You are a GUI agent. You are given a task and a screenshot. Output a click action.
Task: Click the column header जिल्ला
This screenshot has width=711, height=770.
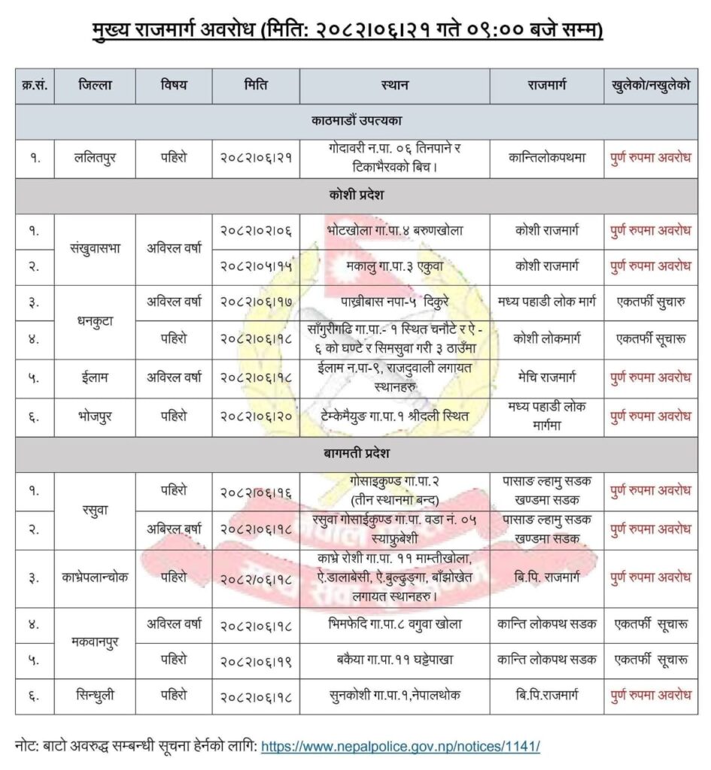coord(95,86)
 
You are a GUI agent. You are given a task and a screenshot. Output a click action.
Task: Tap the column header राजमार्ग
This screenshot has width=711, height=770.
coord(545,86)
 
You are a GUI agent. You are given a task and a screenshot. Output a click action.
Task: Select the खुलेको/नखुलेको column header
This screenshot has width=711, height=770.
coord(650,86)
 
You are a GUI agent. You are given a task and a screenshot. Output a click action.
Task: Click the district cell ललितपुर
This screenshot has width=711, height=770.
coord(95,158)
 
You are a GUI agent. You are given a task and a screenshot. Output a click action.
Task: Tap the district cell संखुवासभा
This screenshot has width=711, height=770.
coord(95,249)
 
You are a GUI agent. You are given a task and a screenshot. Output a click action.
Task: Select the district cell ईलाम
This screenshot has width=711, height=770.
coord(95,378)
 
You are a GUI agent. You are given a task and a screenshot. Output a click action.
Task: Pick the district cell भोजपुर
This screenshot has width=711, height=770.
coord(95,416)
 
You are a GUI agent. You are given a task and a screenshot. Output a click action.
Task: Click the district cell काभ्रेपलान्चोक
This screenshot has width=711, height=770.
coord(95,577)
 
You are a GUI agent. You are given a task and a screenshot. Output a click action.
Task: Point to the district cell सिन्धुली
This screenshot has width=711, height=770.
coord(95,696)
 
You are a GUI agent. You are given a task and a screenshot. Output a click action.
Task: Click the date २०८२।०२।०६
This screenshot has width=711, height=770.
coord(256,231)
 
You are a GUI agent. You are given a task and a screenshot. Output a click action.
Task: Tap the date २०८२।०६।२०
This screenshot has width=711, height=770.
coord(256,416)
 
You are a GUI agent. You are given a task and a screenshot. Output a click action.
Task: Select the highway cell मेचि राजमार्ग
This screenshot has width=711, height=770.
coord(545,378)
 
